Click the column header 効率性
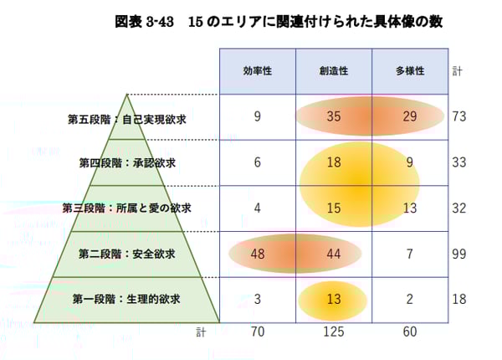point(257,71)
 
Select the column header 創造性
point(333,71)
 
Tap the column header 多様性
point(409,71)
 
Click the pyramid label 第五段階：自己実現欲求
point(126,119)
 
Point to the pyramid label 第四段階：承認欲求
point(126,162)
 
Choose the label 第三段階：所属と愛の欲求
point(126,208)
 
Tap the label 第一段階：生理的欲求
point(126,298)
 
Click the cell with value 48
point(257,254)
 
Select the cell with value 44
point(333,254)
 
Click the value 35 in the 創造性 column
point(333,117)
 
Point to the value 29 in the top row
point(409,117)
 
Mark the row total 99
point(458,254)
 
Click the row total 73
point(458,117)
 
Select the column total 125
point(333,332)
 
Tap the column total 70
point(257,332)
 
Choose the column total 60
point(409,332)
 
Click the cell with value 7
point(409,254)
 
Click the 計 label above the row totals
point(454,71)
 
